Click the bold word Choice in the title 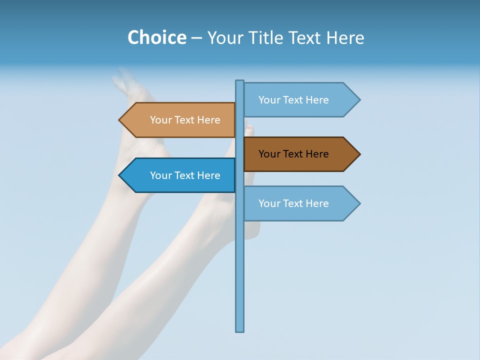click(156, 37)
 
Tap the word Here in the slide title click(345, 37)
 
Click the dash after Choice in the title click(196, 38)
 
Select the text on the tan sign click(185, 120)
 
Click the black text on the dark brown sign click(293, 154)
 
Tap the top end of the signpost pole click(240, 81)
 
